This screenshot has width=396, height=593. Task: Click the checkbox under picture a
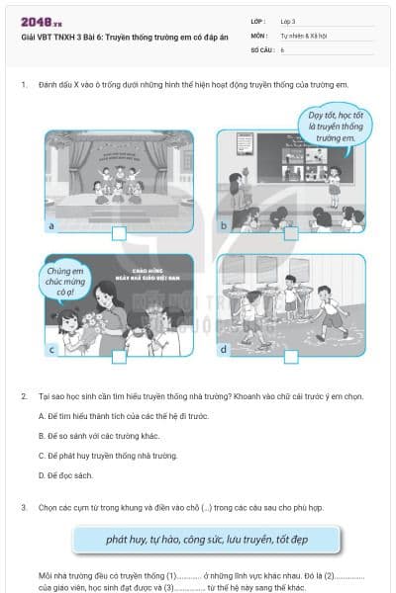[119, 233]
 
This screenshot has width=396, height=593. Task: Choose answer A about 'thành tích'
[123, 416]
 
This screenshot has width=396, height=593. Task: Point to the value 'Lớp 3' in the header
[288, 20]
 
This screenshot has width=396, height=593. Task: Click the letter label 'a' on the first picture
[49, 226]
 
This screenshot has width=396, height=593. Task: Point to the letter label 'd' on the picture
[223, 349]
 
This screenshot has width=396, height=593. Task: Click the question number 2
[23, 395]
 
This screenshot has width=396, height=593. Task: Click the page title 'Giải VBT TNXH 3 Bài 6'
[110, 37]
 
